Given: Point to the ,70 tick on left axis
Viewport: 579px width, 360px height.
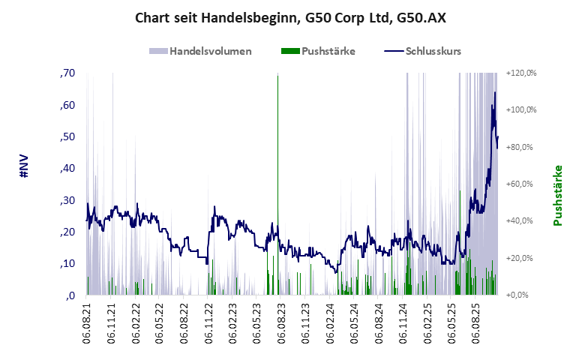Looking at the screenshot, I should tap(67, 73).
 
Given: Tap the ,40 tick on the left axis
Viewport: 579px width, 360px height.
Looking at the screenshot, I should tap(67, 169).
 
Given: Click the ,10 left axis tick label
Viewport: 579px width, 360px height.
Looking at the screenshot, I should tap(67, 264).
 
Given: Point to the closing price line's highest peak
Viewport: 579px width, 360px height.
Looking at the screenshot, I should tap(494, 93).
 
